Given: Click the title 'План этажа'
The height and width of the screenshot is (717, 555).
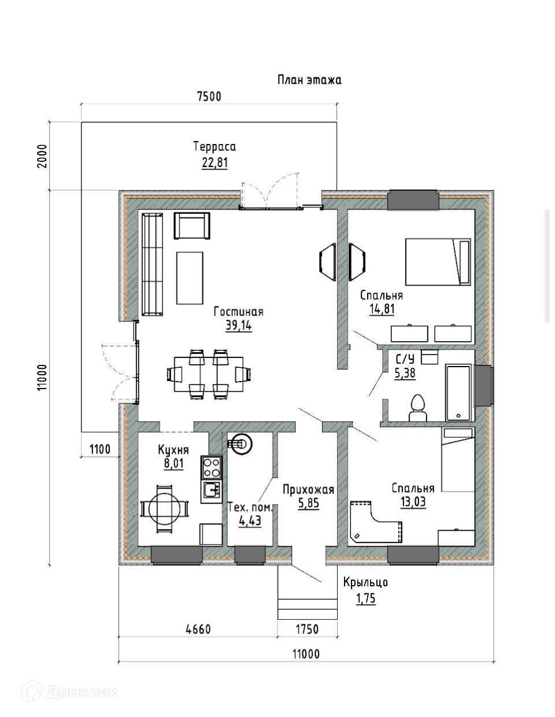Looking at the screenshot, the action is click(x=309, y=80).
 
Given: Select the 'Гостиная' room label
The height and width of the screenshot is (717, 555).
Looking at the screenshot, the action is click(x=238, y=312).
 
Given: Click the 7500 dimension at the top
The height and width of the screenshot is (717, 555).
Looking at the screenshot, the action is click(x=209, y=97).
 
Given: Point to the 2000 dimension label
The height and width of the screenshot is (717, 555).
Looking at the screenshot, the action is click(x=43, y=156).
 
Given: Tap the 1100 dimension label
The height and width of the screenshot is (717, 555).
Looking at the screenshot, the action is click(x=100, y=449).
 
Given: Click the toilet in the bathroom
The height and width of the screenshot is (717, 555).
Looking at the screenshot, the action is click(x=418, y=408).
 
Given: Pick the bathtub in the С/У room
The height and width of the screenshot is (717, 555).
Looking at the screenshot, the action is click(x=458, y=393).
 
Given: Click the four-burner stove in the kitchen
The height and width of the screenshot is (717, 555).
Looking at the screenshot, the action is click(x=212, y=468).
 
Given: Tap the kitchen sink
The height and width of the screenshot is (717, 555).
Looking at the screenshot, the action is click(x=212, y=491).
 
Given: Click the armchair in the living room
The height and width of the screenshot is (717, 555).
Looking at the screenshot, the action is click(x=192, y=226).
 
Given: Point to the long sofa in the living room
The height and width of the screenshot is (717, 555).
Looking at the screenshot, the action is click(x=152, y=265).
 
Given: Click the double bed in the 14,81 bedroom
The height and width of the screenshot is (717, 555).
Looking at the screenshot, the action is click(x=438, y=262).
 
